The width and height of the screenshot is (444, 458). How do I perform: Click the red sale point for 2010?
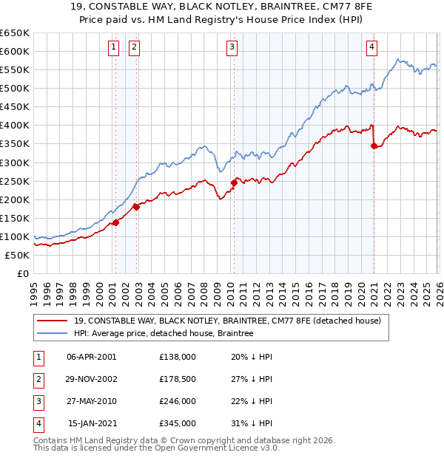pyautogui.click(x=234, y=182)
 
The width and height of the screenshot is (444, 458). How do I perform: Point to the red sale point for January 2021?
pyautogui.click(x=374, y=146)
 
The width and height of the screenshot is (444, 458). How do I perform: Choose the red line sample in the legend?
pyautogui.click(x=53, y=321)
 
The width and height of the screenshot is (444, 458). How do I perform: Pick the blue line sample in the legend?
pyautogui.click(x=53, y=334)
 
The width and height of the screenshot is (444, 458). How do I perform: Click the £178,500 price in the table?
pyautogui.click(x=178, y=379)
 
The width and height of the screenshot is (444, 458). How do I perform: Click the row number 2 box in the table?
pyautogui.click(x=37, y=379)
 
